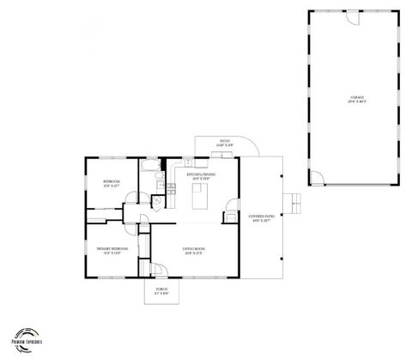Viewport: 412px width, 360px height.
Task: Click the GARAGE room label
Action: pos(355,97)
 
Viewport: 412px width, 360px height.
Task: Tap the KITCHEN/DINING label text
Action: pos(201,174)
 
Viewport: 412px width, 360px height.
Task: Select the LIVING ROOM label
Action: pos(193,249)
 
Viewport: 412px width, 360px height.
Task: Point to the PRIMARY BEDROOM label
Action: pos(112,249)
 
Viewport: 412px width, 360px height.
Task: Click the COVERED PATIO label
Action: pos(261,216)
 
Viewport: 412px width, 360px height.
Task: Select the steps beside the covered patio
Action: pos(297,204)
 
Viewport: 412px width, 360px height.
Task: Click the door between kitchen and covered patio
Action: pos(232,206)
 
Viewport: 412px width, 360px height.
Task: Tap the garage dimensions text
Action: pos(355,102)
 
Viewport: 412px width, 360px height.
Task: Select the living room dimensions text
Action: pos(193,254)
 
